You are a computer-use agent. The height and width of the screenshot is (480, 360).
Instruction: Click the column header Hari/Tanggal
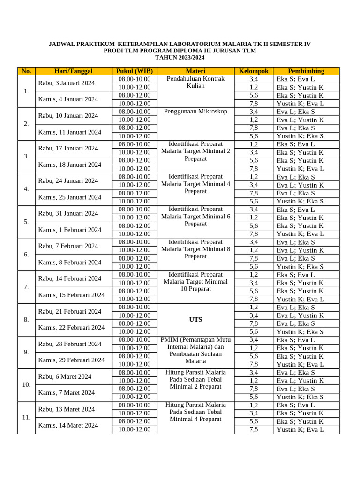pos(73,71)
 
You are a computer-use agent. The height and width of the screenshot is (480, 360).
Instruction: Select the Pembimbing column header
pos(306,71)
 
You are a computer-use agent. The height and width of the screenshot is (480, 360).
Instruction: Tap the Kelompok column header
pos(254,71)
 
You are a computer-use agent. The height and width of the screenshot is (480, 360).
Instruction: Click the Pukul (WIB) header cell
pos(134,71)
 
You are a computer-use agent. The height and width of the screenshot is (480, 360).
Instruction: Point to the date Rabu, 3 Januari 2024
pos(67,83)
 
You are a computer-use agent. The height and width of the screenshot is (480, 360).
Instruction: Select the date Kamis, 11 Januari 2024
pos(70,132)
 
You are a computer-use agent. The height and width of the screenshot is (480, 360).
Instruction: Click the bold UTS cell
pos(195,319)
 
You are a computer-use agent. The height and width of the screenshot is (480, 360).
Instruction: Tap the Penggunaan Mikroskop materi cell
pos(195,112)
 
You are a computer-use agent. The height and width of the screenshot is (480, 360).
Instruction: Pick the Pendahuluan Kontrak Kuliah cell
pos(195,82)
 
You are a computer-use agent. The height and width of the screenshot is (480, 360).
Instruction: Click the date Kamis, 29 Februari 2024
pos(71,360)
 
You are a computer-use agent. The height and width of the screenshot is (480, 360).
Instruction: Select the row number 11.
pos(26,417)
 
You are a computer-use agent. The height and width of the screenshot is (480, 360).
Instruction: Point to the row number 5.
pos(26,222)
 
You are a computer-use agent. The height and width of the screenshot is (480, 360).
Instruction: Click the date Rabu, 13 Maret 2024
pos(67,409)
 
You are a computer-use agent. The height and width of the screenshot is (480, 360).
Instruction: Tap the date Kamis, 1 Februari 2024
pos(70,230)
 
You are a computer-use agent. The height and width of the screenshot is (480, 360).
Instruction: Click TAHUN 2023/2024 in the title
pos(180,57)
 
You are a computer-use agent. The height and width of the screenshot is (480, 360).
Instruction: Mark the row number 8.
pos(26,320)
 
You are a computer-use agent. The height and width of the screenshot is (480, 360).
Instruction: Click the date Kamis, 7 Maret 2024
pos(67,392)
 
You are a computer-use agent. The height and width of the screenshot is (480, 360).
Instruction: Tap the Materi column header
pos(195,71)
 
